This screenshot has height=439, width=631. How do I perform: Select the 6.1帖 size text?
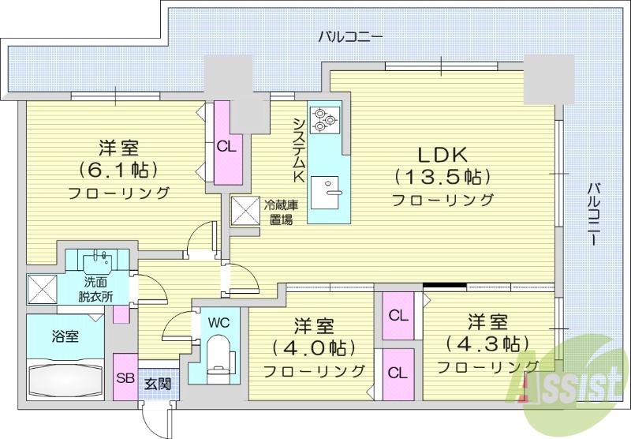click(119, 169)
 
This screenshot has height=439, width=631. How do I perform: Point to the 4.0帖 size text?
click(313, 347)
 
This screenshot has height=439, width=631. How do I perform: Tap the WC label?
click(219, 322)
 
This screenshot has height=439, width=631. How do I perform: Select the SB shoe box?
click(125, 378)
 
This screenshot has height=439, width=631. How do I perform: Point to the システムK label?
click(298, 151)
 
